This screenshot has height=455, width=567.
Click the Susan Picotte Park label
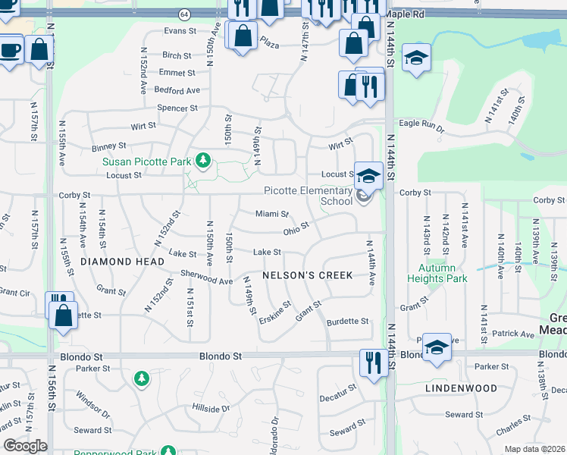(x=147, y=162)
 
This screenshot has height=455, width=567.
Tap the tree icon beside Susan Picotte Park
(x=202, y=160)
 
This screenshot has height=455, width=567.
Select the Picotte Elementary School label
(x=309, y=196)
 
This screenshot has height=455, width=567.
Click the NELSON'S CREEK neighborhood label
(x=307, y=275)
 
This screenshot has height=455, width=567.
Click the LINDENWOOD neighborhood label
(x=460, y=388)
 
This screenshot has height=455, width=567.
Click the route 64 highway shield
(x=186, y=14)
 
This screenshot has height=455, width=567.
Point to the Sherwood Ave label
(x=206, y=280)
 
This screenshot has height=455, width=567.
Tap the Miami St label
(x=272, y=215)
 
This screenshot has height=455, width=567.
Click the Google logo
(x=25, y=446)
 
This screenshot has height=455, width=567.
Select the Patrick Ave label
(x=512, y=334)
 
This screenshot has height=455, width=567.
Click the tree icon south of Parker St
(x=141, y=378)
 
